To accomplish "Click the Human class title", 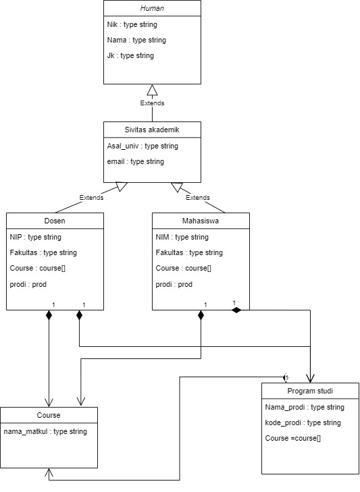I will [x=152, y=9].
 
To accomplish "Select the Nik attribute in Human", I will [x=132, y=25].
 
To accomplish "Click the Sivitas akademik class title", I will [x=152, y=130].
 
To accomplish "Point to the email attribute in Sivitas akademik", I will [x=135, y=161].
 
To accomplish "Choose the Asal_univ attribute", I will [x=142, y=146].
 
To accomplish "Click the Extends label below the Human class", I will [x=152, y=103].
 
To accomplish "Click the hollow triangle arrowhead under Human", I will [x=152, y=90].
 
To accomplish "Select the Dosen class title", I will [x=55, y=221].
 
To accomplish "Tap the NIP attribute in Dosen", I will [x=35, y=237].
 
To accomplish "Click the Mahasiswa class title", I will [x=201, y=221].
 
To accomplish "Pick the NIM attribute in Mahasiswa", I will [x=182, y=237].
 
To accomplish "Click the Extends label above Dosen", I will [x=91, y=198].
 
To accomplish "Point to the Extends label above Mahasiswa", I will [x=197, y=198].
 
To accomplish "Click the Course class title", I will [x=49, y=415].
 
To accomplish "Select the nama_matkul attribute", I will [x=45, y=431].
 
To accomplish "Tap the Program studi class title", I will [x=309, y=391].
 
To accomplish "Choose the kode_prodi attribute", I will [x=303, y=422].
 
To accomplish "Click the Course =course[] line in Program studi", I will [x=293, y=438].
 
